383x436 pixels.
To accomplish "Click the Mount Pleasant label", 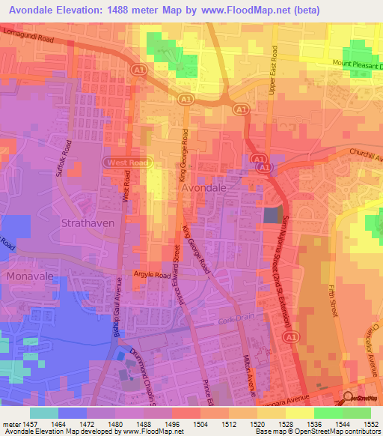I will click(x=357, y=64).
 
